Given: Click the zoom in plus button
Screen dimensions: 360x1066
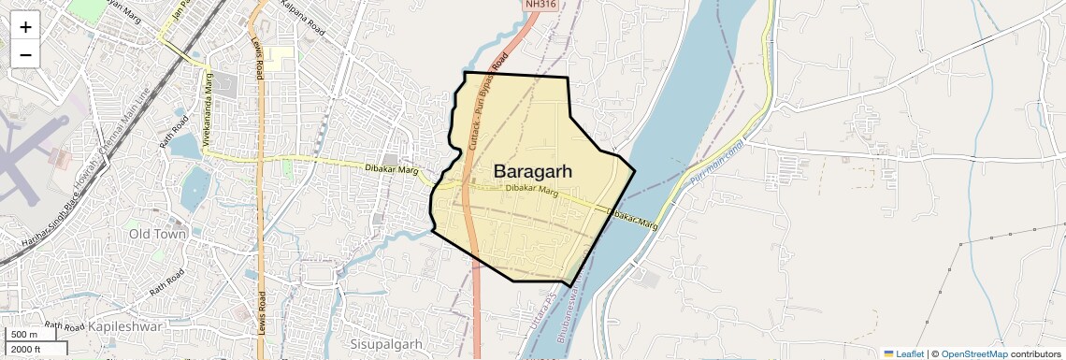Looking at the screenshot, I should (25, 27).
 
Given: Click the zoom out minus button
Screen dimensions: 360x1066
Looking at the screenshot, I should (25, 54).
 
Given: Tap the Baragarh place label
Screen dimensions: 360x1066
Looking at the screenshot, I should (532, 171).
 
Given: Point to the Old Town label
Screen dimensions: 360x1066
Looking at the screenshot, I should (157, 234).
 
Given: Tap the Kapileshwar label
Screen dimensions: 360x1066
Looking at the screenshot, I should (125, 326).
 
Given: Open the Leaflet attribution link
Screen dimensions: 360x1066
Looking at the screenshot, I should (903, 353).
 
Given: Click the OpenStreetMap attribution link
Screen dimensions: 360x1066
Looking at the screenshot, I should (974, 353).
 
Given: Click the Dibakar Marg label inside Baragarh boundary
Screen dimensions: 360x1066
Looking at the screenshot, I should (531, 190).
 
